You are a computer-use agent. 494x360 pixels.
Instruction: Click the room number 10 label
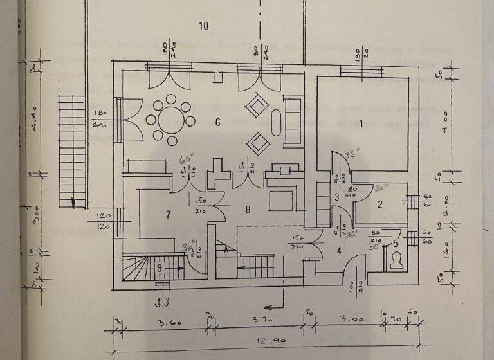204,26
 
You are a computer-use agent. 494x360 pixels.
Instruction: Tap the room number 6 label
217,122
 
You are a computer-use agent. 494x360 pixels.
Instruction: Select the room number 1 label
361,123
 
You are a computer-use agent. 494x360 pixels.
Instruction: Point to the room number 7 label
169,214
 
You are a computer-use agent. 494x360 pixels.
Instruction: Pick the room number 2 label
380,205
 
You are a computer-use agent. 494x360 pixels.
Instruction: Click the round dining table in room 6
172,120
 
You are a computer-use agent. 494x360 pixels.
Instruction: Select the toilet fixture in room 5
396,260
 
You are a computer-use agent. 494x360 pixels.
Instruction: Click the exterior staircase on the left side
73,151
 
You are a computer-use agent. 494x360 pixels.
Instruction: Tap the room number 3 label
336,197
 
